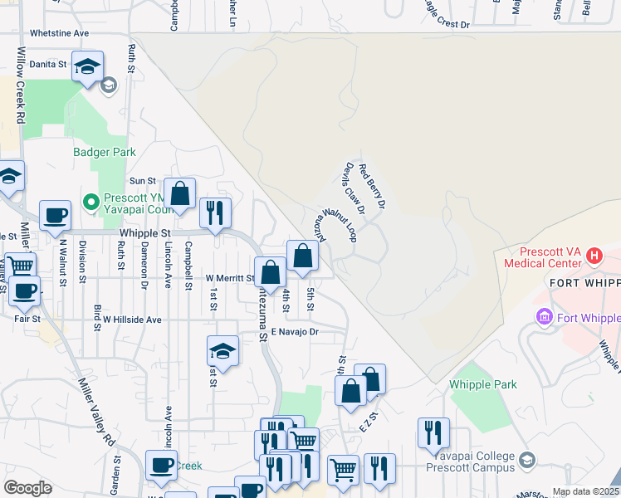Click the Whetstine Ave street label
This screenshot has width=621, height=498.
click(x=59, y=33)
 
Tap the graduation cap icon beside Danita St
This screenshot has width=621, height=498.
click(x=87, y=67)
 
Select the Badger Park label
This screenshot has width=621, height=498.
click(x=104, y=152)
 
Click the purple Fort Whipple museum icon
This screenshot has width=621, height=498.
click(x=545, y=317)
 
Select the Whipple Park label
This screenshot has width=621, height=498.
click(x=482, y=384)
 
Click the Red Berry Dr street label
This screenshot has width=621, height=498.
click(x=371, y=185)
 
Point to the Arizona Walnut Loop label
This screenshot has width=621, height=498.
click(x=335, y=223)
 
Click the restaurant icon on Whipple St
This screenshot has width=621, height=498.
click(x=215, y=212)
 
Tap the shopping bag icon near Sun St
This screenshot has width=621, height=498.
click(x=179, y=194)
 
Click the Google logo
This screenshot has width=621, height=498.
click(x=27, y=488)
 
